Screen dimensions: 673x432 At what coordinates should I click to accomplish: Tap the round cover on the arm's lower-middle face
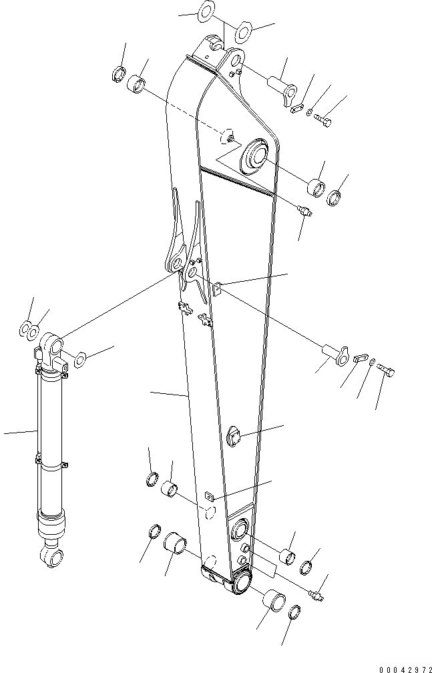pos(236,434)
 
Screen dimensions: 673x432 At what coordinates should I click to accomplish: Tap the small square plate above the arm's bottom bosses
pos(210,496)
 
